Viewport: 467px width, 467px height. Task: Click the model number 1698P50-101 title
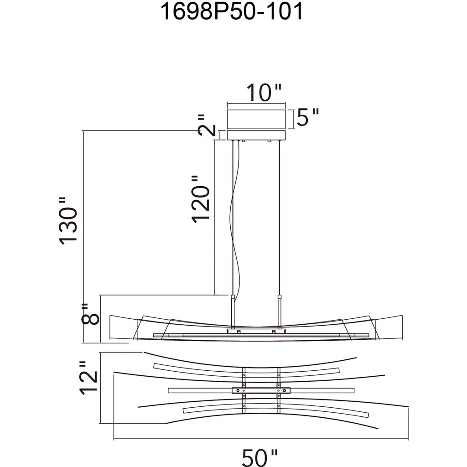point(232,11)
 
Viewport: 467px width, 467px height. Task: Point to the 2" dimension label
point(207,125)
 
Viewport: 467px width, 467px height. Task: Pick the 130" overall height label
point(68,221)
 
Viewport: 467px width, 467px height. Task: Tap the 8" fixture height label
point(90,314)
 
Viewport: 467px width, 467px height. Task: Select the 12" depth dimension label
point(88,379)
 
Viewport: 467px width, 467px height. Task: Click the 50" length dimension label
point(259,457)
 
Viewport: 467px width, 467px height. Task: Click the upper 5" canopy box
point(256,119)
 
